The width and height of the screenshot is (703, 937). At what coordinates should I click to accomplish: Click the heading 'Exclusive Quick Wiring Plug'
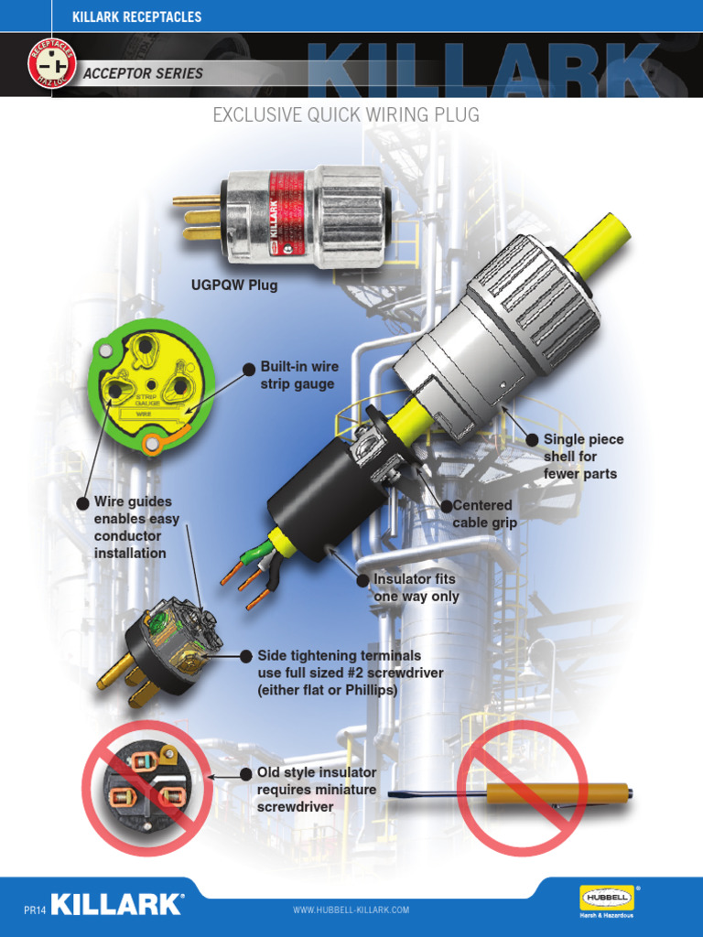(345, 115)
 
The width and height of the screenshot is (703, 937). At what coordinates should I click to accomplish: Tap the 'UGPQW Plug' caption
(233, 285)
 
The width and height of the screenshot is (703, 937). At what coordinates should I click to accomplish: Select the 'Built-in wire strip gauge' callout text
(298, 375)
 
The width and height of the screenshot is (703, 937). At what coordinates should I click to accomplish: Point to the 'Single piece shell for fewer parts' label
(583, 457)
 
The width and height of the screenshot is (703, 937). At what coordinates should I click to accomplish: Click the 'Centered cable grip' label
(484, 513)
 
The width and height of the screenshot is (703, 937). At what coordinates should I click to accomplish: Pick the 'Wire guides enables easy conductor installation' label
(136, 527)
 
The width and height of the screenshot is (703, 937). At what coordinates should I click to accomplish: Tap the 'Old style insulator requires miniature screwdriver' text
(316, 790)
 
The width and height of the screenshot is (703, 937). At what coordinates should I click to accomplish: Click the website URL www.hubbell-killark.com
(351, 910)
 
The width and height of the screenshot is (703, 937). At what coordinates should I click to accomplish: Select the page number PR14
(34, 910)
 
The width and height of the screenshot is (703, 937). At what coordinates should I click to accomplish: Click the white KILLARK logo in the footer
(117, 904)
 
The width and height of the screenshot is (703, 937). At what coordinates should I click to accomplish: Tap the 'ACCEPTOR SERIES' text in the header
(144, 73)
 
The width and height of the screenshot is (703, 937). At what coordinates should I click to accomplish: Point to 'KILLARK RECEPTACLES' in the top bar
(137, 16)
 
